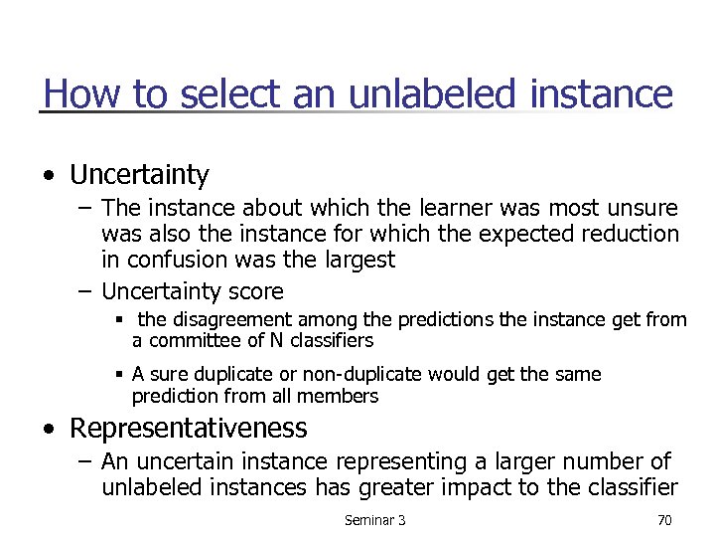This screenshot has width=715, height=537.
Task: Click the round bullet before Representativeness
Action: pos(51,429)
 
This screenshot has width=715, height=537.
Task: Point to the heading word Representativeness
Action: pos(189,429)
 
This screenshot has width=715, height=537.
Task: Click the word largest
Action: pos(357,261)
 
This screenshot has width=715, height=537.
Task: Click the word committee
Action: pos(187,341)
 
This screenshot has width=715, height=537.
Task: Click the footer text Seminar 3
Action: pos(374,520)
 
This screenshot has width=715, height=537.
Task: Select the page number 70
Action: pos(663,520)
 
